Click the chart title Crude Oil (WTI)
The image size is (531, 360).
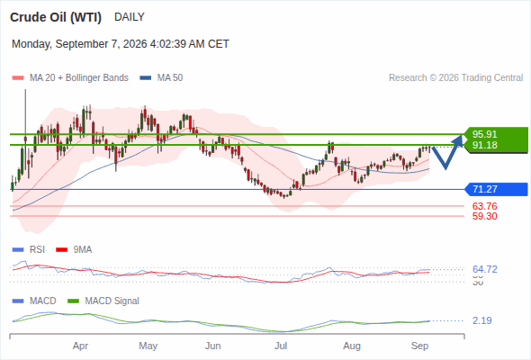pos(56,17)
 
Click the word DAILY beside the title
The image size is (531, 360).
pos(130,17)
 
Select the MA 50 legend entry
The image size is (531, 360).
pos(161,78)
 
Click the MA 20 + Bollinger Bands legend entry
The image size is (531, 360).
pos(70,78)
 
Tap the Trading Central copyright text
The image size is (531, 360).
pos(455,78)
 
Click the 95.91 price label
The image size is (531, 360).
pos(484,134)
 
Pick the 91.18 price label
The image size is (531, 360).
pos(484,145)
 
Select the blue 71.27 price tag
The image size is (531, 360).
pos(496,189)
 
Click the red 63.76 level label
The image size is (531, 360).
pos(484,206)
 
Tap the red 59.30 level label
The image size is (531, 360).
pos(484,216)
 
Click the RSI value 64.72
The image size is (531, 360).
pos(484,269)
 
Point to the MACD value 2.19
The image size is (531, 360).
pos(481,320)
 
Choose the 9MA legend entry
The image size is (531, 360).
pos(74,249)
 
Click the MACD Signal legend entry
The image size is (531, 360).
pos(103,301)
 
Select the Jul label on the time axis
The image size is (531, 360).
pos(281,346)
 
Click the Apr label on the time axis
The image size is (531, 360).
pos(80,346)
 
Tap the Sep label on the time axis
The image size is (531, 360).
pos(419,346)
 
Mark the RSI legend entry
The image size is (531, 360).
pos(29,249)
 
